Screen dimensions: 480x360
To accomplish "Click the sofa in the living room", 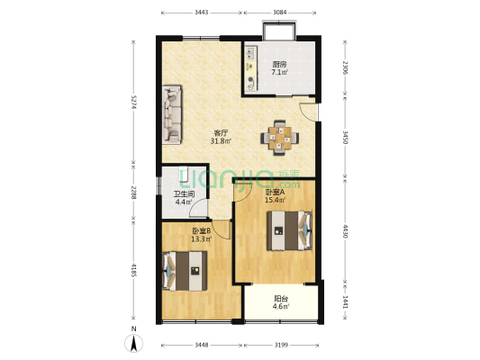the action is [x=172, y=114].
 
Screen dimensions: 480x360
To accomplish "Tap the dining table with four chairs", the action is [x=280, y=138].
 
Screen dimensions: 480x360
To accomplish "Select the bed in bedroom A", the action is [x=290, y=230].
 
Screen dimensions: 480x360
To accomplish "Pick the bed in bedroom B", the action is [x=185, y=271].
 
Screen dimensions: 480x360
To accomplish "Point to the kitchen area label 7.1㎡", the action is [x=279, y=73].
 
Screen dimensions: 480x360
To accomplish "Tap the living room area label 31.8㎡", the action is [x=221, y=141].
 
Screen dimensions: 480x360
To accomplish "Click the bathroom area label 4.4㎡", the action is [x=184, y=202].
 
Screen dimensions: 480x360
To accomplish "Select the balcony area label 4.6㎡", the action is [x=281, y=306].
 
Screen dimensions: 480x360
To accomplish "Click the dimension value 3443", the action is [x=202, y=13].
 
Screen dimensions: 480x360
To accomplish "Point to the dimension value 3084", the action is [x=280, y=13].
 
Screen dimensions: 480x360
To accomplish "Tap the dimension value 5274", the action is [x=133, y=103].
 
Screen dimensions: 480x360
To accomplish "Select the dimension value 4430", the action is [x=345, y=231].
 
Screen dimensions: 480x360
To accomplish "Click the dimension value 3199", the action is [x=281, y=345].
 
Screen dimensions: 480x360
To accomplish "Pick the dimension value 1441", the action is [x=345, y=301].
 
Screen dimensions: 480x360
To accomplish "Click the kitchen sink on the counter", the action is [x=250, y=52].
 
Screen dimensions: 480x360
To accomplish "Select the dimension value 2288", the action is [x=133, y=193].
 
